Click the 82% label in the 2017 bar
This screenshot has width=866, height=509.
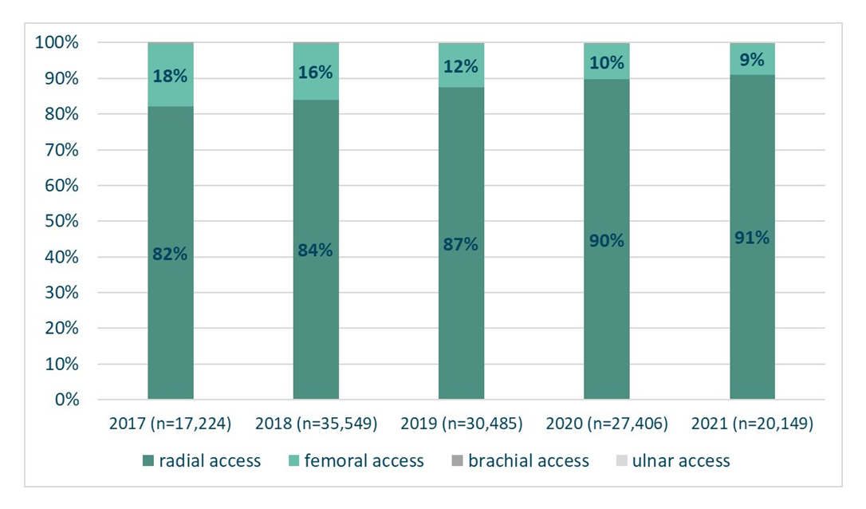170,254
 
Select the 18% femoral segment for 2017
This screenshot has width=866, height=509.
170,76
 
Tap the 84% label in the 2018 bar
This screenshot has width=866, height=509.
316,250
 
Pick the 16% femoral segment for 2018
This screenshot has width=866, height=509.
316,72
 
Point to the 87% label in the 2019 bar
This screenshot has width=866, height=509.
461,244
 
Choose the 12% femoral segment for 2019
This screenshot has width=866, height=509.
461,65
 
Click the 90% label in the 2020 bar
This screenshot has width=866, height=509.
606,240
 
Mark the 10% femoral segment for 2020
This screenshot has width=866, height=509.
606,61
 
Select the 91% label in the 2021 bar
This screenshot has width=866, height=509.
752,238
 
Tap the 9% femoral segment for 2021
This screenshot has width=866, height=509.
752,59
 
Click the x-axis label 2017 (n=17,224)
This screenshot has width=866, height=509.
170,424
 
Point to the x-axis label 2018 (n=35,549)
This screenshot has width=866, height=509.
316,424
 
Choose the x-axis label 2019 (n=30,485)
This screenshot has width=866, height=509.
461,424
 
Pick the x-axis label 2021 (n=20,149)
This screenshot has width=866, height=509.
752,424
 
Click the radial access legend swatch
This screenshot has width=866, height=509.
148,460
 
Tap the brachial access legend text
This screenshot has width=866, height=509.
528,460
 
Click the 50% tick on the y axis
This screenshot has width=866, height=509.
61,221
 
